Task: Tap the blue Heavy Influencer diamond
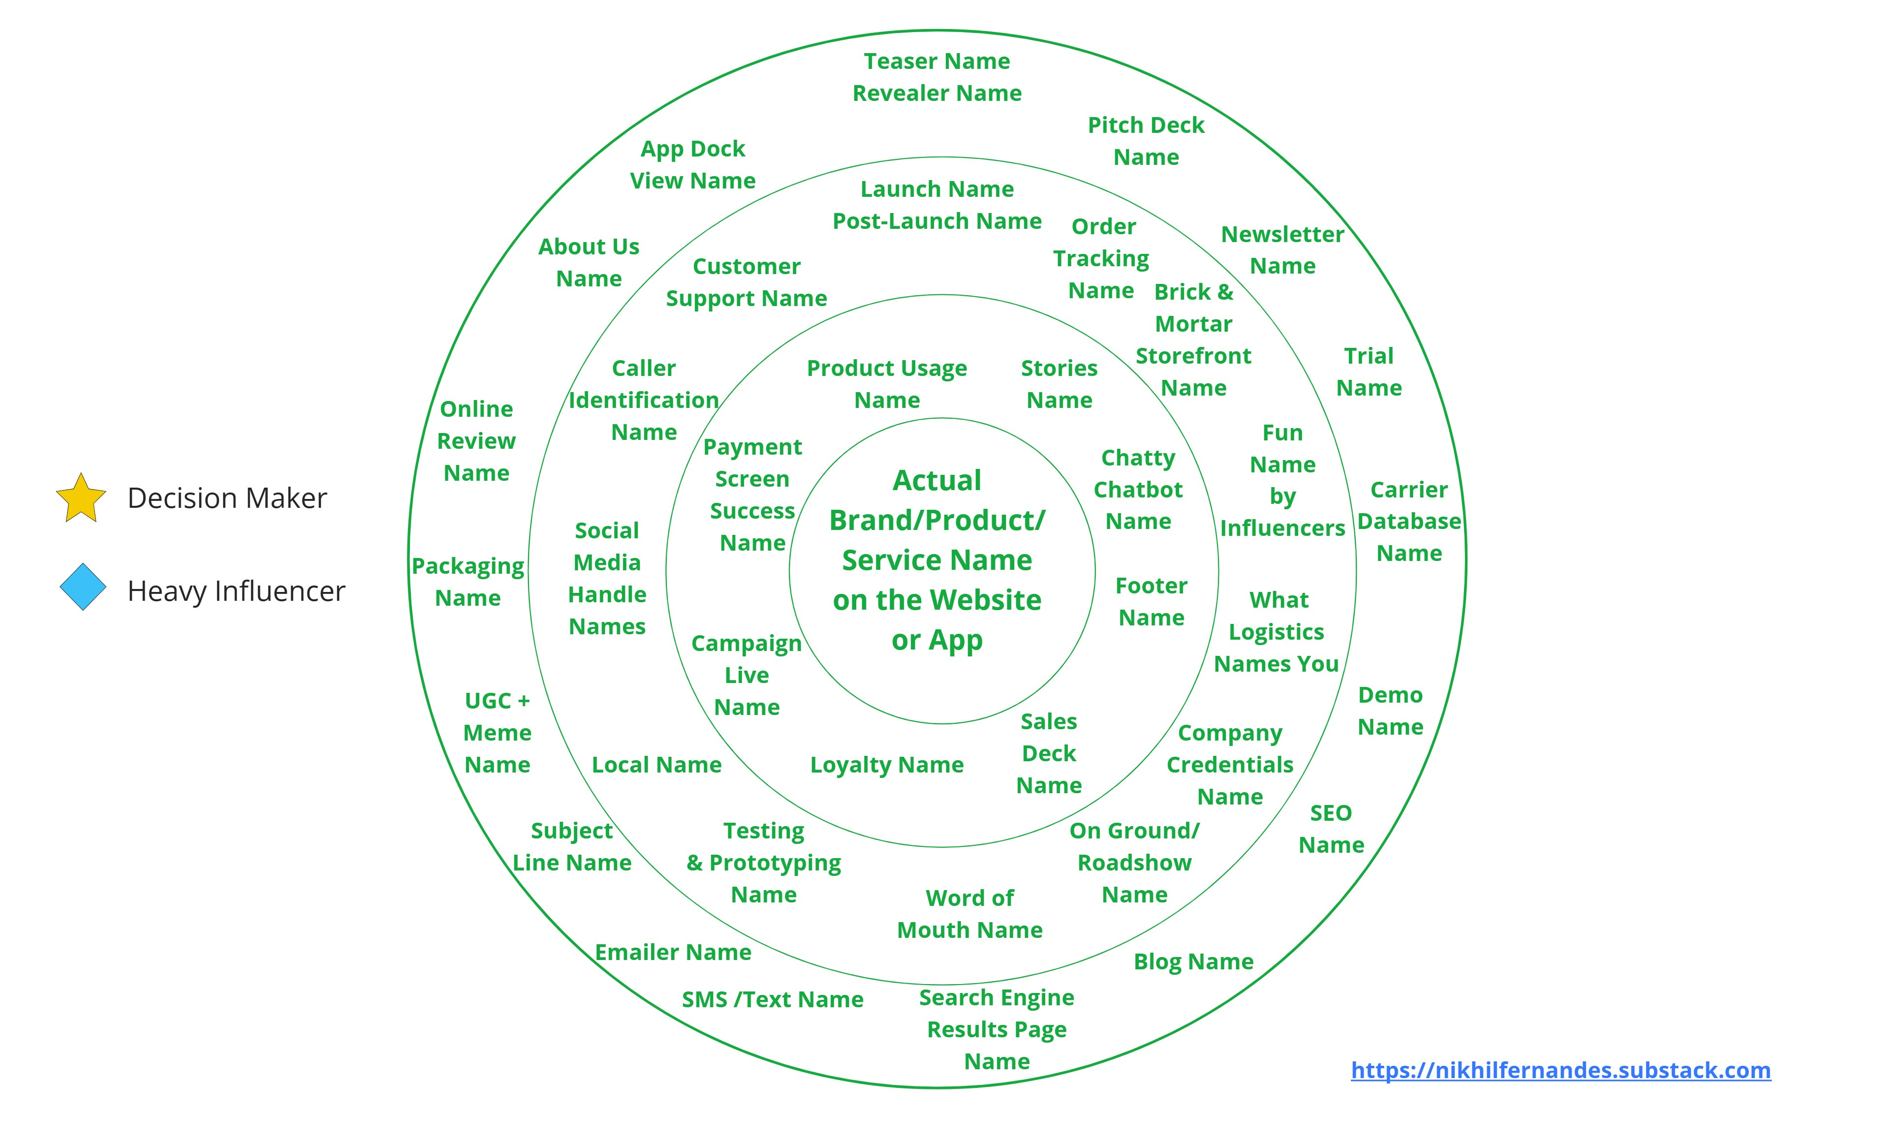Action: (x=83, y=587)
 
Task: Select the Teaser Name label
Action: (x=936, y=61)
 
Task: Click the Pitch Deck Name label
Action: (x=1146, y=141)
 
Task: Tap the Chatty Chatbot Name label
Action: (x=1138, y=489)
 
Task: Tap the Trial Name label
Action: (x=1369, y=372)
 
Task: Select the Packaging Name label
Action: (x=467, y=582)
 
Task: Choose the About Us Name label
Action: (x=589, y=262)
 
